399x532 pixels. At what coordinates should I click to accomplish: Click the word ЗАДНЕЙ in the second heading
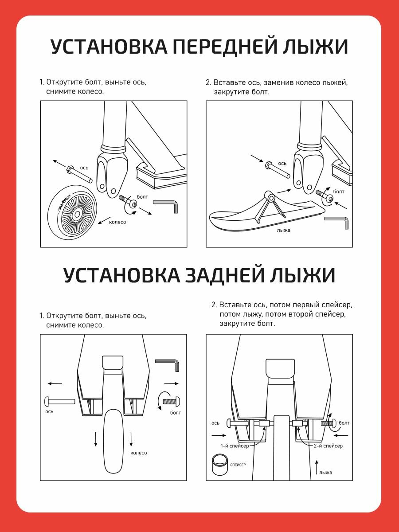pos(225,275)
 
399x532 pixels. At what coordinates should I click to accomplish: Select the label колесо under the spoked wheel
pos(117,222)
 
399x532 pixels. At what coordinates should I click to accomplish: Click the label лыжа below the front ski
pos(283,231)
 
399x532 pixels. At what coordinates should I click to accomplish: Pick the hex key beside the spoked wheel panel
pos(167,205)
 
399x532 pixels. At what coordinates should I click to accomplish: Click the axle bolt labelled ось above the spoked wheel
pos(80,175)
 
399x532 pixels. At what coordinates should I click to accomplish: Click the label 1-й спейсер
pos(235,446)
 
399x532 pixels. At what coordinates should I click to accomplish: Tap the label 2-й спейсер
pos(328,446)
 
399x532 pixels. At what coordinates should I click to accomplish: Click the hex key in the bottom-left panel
pos(168,364)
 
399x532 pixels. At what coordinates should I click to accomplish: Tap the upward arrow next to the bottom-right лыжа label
pos(317,466)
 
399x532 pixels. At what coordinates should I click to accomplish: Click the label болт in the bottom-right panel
pos(344,423)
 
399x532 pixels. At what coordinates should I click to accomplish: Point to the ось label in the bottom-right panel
pos(215,423)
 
